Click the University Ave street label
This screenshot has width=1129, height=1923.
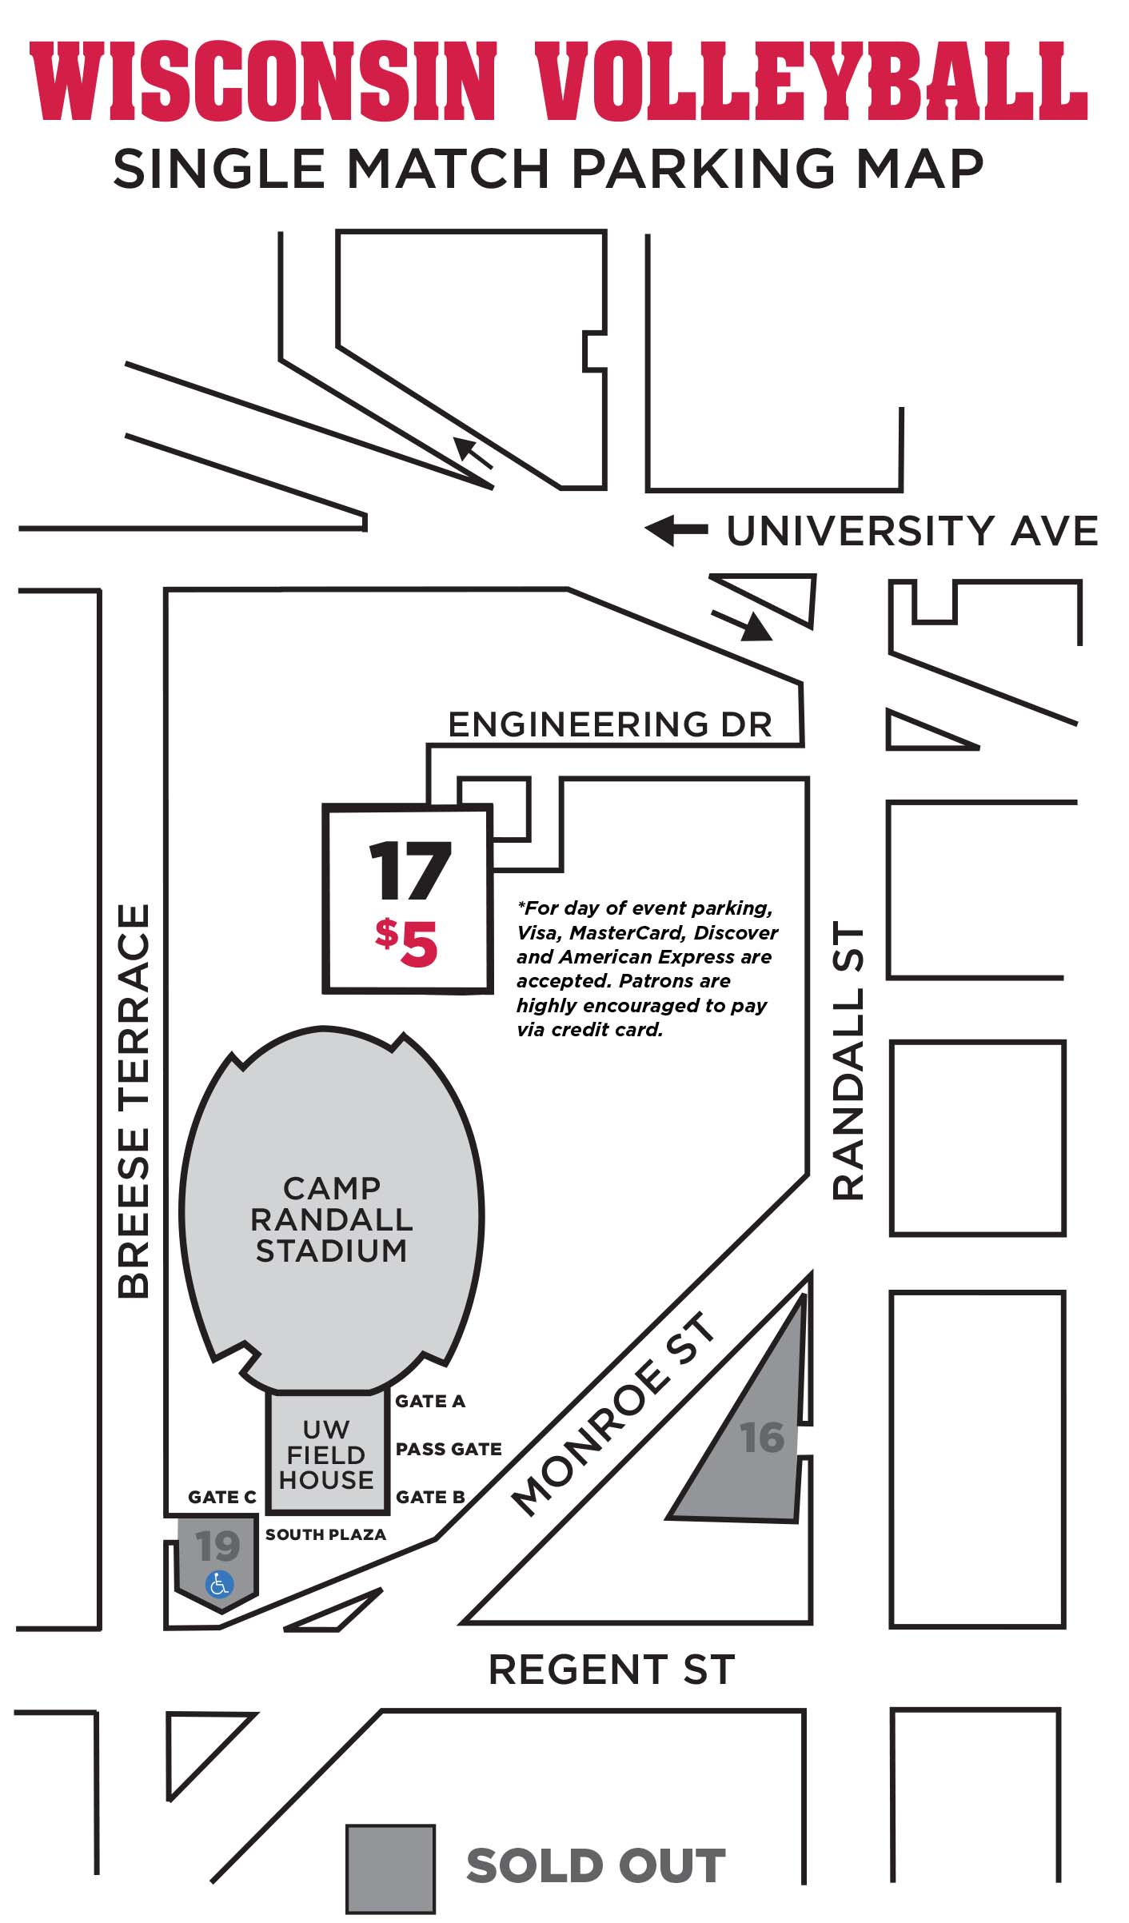912,531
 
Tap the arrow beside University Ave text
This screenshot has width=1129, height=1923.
676,529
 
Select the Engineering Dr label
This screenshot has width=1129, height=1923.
609,724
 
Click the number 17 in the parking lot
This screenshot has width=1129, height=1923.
409,872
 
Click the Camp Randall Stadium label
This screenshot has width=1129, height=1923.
331,1219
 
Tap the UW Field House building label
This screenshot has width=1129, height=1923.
325,1454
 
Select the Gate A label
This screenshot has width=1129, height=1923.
429,1401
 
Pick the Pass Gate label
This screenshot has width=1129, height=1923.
449,1449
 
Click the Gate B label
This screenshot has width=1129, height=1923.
430,1497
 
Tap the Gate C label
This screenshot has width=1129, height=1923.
221,1497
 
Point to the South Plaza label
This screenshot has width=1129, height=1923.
325,1534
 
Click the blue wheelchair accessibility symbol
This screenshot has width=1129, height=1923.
219,1583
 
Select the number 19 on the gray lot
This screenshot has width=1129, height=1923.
217,1546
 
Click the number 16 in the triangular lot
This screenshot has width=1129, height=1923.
761,1438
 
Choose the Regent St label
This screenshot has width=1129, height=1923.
611,1670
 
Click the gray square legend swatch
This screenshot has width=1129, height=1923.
390,1869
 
